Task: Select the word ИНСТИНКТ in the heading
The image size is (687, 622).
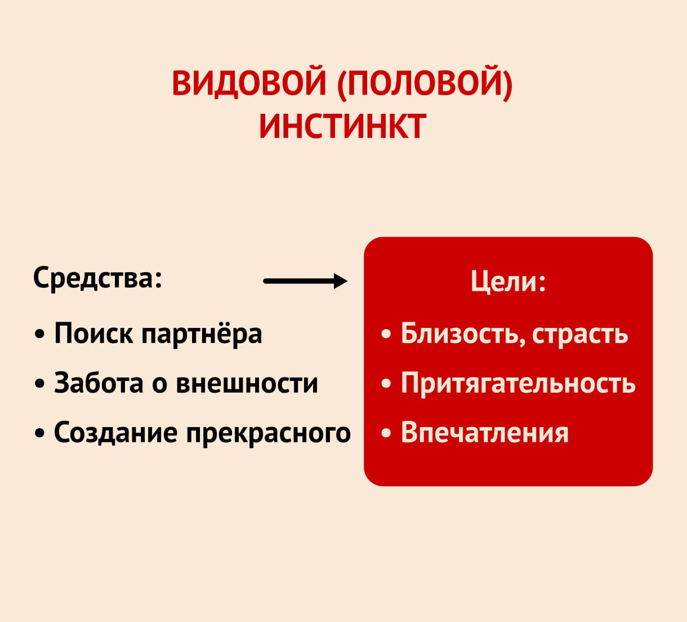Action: (x=343, y=126)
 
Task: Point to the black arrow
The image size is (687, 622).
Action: (x=305, y=281)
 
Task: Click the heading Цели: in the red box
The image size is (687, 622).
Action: (x=508, y=282)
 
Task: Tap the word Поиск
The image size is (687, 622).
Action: (x=93, y=332)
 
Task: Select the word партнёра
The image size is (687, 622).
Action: (x=202, y=334)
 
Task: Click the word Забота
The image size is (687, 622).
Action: (x=99, y=383)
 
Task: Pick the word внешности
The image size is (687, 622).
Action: (x=247, y=384)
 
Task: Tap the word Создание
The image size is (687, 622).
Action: (x=116, y=433)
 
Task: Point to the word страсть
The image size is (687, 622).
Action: (x=580, y=335)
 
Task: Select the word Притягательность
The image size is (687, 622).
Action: (x=518, y=384)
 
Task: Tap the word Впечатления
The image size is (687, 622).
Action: (x=485, y=433)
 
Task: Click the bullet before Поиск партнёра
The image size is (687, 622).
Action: (x=40, y=335)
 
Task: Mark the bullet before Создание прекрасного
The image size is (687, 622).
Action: (x=40, y=433)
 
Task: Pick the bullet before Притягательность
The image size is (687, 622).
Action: (x=386, y=384)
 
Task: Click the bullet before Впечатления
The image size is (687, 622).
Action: (x=386, y=433)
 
